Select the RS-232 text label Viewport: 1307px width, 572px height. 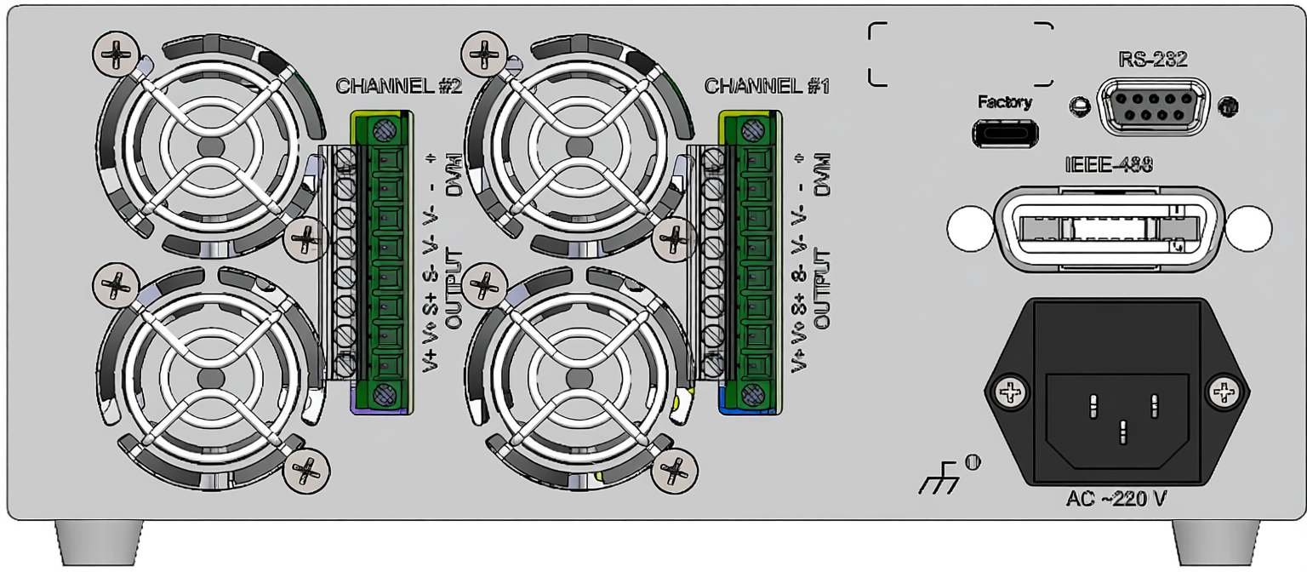1152,60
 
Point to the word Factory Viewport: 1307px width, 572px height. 1005,103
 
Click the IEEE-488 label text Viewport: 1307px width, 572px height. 1109,166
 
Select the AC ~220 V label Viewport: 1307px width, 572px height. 1116,498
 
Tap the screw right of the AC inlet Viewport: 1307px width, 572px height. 1224,392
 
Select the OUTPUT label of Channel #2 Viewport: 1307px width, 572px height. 454,289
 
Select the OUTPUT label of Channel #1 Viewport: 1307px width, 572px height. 822,289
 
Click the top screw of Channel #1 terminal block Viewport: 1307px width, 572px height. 751,130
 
